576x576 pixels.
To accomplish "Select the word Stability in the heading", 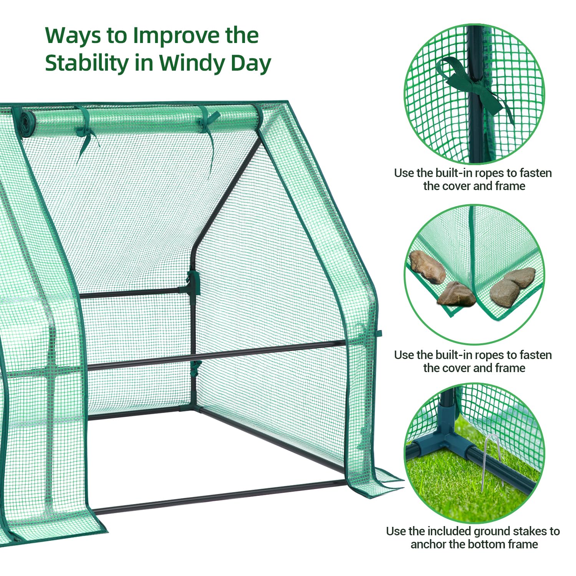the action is (87, 63).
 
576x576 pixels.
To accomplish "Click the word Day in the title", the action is (251, 64).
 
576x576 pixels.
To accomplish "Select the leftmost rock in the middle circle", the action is (427, 266).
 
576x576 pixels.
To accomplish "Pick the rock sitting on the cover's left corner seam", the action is (457, 294).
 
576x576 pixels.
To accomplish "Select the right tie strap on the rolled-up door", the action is (209, 131).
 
